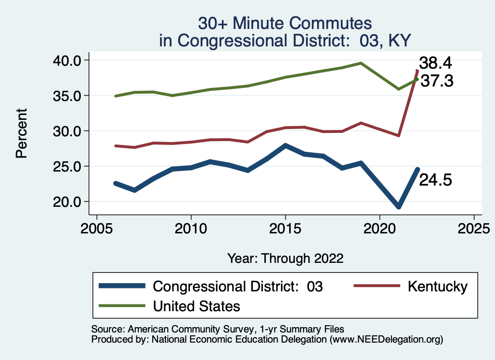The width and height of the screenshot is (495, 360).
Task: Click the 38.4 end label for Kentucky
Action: coord(435,63)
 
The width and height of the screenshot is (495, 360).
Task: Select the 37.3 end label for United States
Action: coord(437,81)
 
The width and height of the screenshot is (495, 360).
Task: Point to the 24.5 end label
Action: coord(435,180)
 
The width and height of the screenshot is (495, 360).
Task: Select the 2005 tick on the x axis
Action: coord(97,227)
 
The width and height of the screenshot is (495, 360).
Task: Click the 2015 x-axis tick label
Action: coord(285,227)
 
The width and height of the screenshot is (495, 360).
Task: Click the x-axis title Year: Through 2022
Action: coord(285,259)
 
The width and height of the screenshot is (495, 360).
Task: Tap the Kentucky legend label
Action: coord(437,286)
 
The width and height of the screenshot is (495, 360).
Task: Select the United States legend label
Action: coord(196,306)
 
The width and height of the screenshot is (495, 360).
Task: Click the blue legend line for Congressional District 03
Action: coord(122,286)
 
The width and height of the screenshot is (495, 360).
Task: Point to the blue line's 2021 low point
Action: coord(399,207)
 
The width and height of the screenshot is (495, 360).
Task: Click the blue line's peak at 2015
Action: coord(285,145)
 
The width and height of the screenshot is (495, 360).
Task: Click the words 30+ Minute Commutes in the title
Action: coord(285,23)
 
